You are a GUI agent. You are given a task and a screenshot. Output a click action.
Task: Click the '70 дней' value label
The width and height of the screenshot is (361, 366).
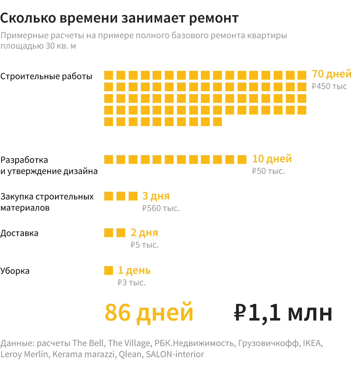(332, 74)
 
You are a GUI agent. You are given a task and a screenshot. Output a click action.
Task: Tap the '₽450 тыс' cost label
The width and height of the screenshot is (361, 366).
(329, 86)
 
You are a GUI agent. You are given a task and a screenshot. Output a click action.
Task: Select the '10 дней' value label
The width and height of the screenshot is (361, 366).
(272, 159)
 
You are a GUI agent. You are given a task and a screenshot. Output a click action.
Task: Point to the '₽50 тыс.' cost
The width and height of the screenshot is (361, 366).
(268, 171)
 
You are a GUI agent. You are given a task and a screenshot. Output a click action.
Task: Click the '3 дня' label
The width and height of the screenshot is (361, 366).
(156, 196)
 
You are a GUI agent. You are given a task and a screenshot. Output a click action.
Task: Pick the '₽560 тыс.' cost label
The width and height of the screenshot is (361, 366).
(161, 208)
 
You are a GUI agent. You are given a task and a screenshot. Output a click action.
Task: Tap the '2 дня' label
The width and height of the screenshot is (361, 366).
(144, 233)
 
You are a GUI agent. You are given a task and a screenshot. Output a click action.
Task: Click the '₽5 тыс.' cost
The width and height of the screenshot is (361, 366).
(145, 245)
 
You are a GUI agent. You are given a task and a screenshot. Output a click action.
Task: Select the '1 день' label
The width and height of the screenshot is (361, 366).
(134, 271)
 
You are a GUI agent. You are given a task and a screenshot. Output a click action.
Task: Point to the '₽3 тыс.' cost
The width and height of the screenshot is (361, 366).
(132, 283)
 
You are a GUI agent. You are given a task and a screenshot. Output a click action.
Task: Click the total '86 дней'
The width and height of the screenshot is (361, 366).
(149, 313)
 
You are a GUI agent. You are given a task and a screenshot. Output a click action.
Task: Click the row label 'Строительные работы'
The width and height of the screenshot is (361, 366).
(46, 76)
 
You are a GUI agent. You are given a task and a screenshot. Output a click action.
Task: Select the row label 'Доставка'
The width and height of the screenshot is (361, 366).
(20, 233)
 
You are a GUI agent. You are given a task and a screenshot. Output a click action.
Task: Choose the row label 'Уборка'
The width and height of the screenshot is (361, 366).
(15, 271)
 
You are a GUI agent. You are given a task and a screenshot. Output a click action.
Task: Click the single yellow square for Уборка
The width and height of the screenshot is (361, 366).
(109, 271)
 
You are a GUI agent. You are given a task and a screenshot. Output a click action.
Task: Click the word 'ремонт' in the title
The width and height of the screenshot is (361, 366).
(214, 18)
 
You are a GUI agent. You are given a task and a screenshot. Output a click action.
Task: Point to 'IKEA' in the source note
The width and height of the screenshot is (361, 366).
(312, 343)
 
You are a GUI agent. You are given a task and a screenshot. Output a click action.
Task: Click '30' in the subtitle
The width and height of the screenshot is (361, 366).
(51, 46)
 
